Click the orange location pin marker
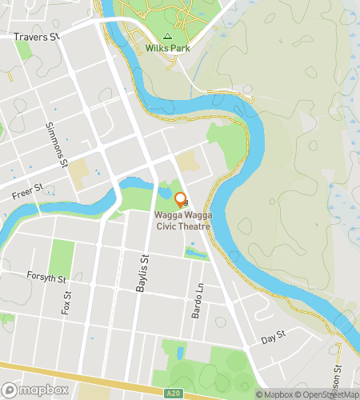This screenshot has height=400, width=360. (x=180, y=200)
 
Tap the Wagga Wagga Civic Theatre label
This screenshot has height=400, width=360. (x=182, y=222)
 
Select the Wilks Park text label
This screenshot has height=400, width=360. (x=167, y=48)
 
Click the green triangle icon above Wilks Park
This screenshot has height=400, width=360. (x=167, y=36)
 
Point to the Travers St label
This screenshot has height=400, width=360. (x=38, y=37)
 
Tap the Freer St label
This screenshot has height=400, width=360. (x=26, y=194)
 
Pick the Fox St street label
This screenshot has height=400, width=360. (x=67, y=302)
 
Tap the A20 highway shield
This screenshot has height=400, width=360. (x=174, y=393)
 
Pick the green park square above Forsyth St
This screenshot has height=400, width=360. (x=61, y=258)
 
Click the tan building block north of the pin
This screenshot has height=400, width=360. (x=186, y=162)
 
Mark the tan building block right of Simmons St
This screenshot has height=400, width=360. (x=79, y=171)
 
